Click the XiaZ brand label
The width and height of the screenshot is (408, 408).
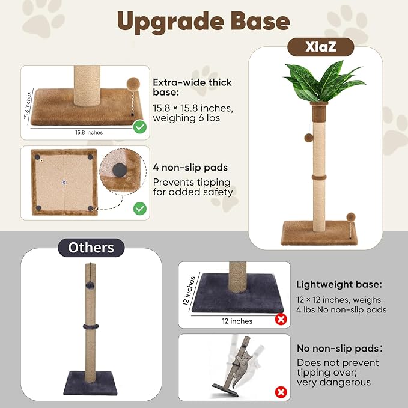click(321, 47)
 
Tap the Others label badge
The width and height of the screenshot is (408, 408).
click(91, 248)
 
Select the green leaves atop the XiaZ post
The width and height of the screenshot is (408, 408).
click(323, 81)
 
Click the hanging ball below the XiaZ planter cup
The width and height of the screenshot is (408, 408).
click(309, 138)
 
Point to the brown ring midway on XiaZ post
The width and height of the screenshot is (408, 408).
click(319, 178)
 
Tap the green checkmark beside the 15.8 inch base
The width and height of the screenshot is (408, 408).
click(140, 127)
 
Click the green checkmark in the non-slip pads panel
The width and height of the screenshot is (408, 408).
click(140, 209)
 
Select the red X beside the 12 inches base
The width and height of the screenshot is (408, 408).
click(281, 319)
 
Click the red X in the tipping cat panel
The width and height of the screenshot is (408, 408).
click(281, 392)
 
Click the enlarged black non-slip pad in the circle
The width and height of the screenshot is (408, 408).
click(120, 170)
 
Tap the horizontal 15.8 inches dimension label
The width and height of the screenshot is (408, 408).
click(89, 132)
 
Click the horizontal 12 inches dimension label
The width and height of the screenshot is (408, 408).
click(237, 321)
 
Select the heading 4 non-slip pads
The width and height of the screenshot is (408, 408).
click(190, 168)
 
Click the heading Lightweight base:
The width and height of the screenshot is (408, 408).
click(339, 284)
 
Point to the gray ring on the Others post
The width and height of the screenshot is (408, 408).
click(91, 326)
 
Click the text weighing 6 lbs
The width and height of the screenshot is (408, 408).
click(186, 118)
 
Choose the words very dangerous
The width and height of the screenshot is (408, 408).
click(333, 382)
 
